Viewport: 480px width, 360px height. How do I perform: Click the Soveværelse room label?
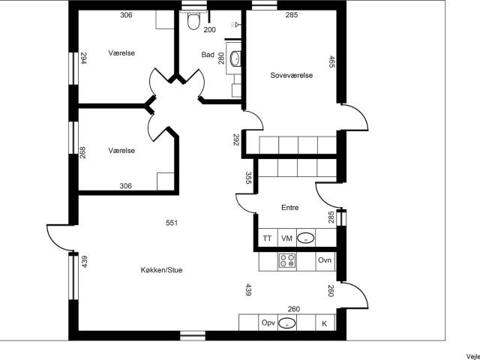point(291,76)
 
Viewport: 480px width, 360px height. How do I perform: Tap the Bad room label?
point(208,55)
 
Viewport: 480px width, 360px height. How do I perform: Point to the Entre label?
point(290,208)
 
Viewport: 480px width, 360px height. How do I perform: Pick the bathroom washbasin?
point(235,57)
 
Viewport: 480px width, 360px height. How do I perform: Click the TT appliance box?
point(267,238)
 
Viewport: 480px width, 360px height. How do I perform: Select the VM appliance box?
point(286,238)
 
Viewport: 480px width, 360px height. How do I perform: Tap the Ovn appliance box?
point(325,260)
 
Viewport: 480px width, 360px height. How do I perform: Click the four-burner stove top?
point(287,261)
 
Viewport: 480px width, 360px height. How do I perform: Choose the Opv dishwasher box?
point(268,323)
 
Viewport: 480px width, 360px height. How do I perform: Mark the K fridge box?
point(325,323)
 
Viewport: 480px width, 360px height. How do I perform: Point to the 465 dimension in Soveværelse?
point(331,61)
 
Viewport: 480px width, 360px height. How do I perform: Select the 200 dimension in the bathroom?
point(209,30)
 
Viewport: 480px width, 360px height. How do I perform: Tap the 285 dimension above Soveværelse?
point(292,14)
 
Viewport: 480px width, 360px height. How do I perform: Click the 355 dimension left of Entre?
point(247,178)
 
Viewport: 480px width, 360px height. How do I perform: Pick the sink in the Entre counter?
point(306,238)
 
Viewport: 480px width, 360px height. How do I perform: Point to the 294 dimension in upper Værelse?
point(84,58)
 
